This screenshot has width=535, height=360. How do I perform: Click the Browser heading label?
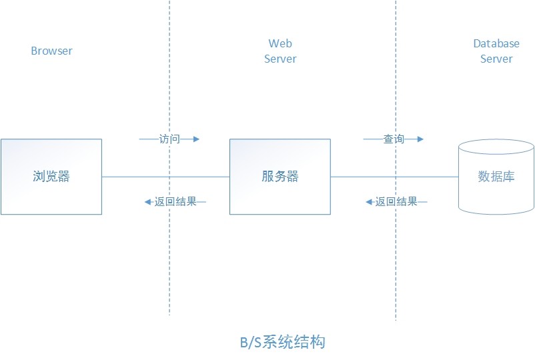click(51, 51)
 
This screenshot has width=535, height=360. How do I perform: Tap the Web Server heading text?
click(280, 51)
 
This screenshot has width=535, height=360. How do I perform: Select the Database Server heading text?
click(496, 51)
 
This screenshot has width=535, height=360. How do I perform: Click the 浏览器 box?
click(51, 177)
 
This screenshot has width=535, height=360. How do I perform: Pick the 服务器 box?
click(280, 177)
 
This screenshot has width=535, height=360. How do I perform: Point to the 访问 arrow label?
click(169, 139)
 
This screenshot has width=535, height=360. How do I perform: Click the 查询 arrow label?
click(394, 139)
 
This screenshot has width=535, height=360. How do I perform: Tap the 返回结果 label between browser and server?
click(175, 201)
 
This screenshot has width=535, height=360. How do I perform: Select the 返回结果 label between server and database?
click(396, 201)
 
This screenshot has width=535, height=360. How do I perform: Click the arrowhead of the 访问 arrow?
click(196, 139)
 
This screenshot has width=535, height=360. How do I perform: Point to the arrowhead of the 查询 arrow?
click(420, 139)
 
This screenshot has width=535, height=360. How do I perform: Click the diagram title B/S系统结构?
click(282, 343)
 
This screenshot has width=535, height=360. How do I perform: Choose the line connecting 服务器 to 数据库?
click(394, 177)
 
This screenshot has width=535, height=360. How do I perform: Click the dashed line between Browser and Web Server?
click(169, 267)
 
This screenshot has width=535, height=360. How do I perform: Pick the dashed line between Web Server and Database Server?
click(396, 267)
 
